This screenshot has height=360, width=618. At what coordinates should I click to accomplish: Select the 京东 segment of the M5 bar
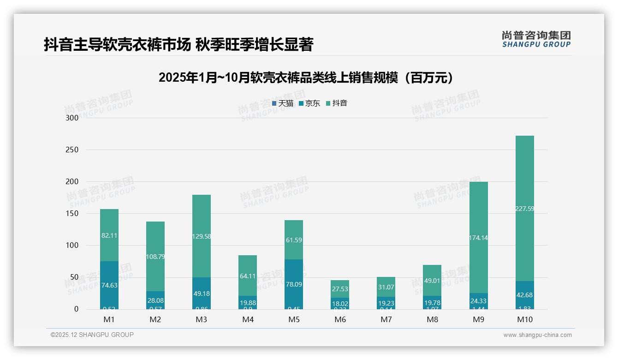pos(294,284)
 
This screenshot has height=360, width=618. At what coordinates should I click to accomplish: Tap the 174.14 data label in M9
pos(478,238)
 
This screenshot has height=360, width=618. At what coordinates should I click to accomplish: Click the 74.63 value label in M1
pos(109,285)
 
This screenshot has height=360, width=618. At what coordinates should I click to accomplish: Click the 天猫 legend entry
pos(283,103)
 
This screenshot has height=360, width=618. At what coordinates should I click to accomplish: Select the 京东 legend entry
pos(309,103)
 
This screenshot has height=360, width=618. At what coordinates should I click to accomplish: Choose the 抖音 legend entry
pos(337,103)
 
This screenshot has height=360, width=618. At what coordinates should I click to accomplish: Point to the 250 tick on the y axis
pos(72,150)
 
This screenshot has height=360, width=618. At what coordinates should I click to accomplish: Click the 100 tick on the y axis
pos(72,246)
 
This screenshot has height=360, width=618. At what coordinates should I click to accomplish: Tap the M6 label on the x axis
pos(340,319)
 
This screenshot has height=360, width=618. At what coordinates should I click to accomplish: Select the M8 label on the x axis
pos(432,319)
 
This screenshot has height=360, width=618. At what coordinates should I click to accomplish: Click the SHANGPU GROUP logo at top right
pos(536,39)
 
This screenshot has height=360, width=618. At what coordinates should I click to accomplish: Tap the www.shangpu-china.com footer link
pos(537,335)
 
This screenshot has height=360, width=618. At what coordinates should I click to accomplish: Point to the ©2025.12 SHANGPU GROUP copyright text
pos(92,335)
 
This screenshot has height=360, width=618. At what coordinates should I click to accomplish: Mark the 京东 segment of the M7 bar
pos(386,303)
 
